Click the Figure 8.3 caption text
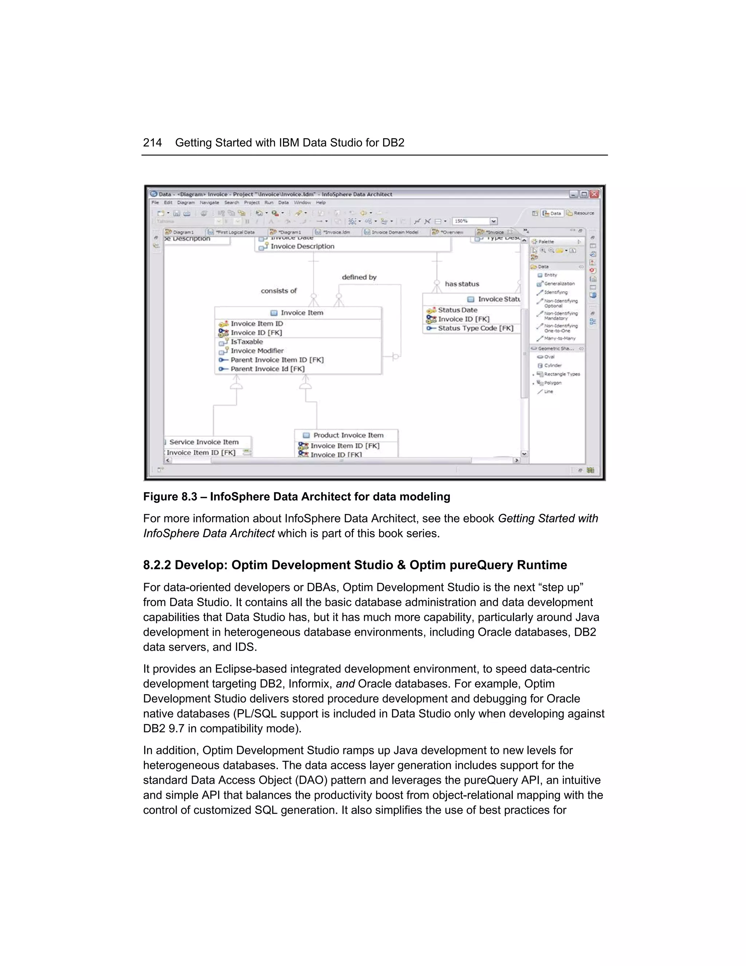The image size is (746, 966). (x=296, y=497)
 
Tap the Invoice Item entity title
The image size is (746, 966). (x=302, y=313)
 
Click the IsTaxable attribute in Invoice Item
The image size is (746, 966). (x=247, y=342)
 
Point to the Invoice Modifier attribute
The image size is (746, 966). (x=257, y=351)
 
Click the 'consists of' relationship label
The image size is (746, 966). (x=278, y=291)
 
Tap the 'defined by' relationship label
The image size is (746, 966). (x=359, y=277)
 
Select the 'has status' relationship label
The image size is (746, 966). (x=462, y=284)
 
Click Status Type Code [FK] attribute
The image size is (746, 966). (x=475, y=328)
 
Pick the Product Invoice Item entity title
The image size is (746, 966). (x=348, y=435)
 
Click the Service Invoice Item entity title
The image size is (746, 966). (x=204, y=442)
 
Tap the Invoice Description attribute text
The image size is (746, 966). (x=302, y=246)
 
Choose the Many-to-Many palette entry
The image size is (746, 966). (x=559, y=338)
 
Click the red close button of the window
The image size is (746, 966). (x=594, y=194)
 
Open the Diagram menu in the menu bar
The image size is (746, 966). (x=186, y=203)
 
